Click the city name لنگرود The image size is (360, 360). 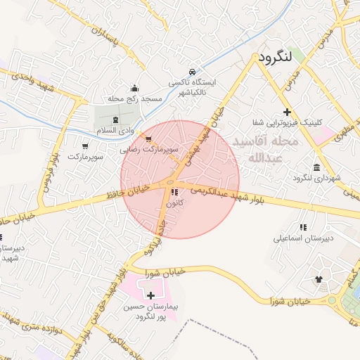[278, 57]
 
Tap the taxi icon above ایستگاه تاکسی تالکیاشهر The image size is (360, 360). [192, 71]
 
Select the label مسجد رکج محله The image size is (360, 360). [135, 99]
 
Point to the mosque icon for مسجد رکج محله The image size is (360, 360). [135, 89]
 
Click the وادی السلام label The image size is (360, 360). [115, 131]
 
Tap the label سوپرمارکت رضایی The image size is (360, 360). [148, 150]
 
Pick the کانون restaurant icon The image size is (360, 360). [174, 192]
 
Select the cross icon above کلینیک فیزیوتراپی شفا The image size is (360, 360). [287, 112]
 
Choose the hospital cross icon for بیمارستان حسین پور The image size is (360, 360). [150, 295]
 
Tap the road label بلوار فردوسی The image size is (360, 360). [48, 169]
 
